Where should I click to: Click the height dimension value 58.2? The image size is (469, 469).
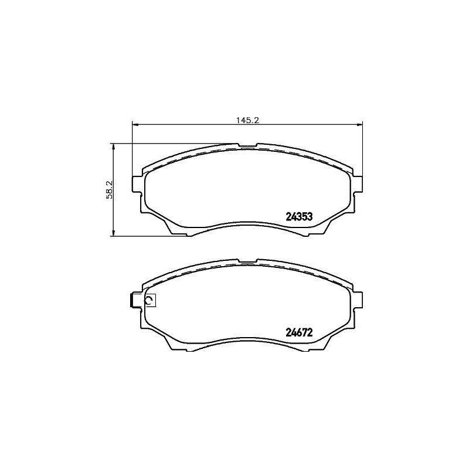[x=110, y=189]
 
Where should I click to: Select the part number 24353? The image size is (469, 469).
[x=298, y=216]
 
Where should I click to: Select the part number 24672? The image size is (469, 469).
[x=298, y=331]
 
